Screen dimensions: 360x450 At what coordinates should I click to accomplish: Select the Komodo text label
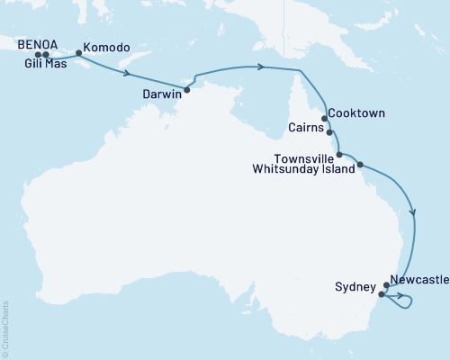[x=104, y=48]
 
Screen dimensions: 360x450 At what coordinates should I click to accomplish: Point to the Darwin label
[x=163, y=93]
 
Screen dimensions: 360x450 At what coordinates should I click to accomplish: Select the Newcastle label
[x=418, y=281]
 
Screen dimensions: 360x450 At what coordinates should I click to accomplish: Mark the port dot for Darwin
[x=186, y=90]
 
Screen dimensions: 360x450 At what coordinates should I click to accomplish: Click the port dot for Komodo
[x=79, y=52]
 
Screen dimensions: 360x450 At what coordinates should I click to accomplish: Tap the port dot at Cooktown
[x=324, y=118]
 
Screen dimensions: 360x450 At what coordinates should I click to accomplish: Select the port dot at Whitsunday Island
[x=360, y=165]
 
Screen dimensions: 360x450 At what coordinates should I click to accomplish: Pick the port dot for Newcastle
[x=386, y=285]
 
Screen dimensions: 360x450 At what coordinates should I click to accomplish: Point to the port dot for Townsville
[x=339, y=155]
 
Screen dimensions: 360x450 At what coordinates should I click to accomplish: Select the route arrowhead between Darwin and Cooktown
[x=260, y=66]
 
